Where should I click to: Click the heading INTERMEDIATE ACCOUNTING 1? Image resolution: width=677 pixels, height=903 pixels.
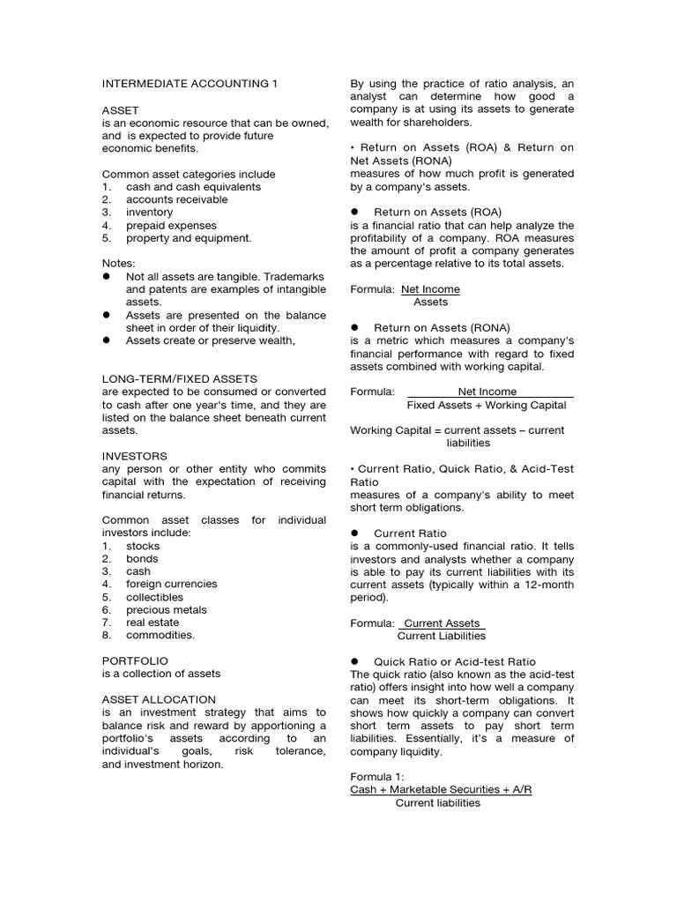coord(190,84)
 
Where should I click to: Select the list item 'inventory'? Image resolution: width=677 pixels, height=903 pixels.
coord(149,213)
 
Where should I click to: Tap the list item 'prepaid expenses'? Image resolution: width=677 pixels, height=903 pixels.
coord(171,226)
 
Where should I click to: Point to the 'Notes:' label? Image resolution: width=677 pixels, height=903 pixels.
coord(119,264)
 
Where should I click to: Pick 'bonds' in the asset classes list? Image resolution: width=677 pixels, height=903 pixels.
coord(142,559)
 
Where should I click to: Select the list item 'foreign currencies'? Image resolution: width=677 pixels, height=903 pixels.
coord(171,584)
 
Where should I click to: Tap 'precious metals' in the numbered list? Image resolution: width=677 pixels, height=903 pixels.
coord(167,609)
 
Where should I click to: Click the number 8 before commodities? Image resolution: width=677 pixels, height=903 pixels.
coord(106,635)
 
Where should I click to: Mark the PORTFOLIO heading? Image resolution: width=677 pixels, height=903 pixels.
coord(135,660)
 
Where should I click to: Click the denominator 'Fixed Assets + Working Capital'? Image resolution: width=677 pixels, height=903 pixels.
coord(487,406)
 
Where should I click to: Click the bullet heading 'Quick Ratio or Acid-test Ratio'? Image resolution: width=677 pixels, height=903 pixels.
coord(454,661)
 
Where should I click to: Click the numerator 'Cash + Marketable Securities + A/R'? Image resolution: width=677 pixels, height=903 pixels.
coord(441,790)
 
